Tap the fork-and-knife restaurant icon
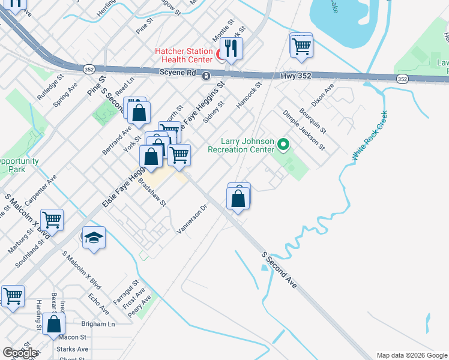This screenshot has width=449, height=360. point(230,48)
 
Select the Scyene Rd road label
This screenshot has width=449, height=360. point(178,73)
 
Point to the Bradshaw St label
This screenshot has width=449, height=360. point(152,191)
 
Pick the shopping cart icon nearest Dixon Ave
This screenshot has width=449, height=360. point(301,45)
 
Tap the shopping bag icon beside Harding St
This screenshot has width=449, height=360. point(53,324)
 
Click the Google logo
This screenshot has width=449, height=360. point(20,353)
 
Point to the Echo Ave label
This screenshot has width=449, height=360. point(98,304)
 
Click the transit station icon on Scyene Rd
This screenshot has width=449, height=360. point(205,76)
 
